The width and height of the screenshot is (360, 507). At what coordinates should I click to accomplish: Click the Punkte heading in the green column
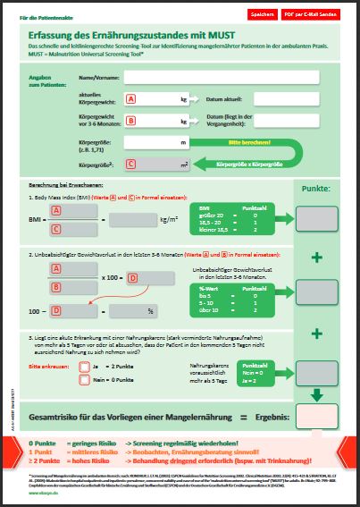pyautogui.click(x=317, y=190)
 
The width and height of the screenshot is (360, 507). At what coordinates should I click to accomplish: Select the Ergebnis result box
pyautogui.click(x=317, y=393)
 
